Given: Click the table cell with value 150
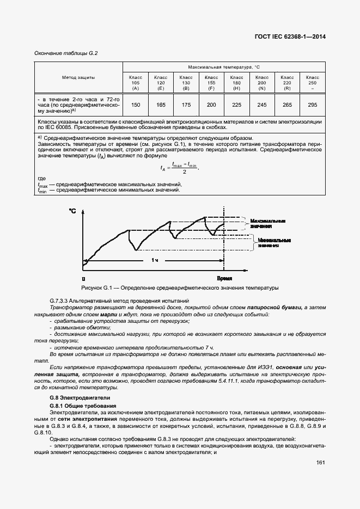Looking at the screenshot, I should (x=136, y=105).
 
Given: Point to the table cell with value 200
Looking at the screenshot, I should (x=211, y=105).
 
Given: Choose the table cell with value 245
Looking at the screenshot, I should (x=262, y=105).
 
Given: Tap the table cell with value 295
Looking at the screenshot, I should (x=313, y=105).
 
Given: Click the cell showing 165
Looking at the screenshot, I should (x=161, y=105).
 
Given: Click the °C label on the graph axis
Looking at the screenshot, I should (x=72, y=210).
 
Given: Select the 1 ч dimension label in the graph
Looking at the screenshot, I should (x=155, y=261).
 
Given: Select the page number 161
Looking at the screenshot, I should (x=320, y=463).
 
